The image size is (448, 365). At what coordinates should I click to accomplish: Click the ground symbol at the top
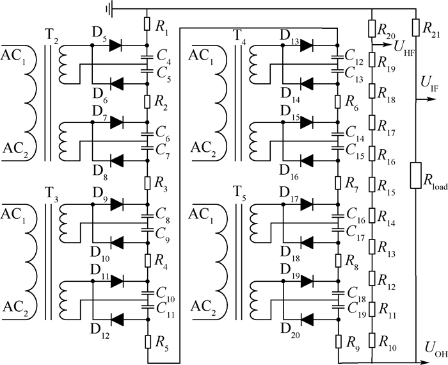pos(109,9)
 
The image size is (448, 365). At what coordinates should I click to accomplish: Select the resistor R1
pos(147,24)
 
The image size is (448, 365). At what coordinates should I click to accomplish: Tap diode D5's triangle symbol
pos(116,45)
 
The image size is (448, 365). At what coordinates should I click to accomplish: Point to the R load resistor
pos(416,175)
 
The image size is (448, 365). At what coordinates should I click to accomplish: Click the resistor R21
pos(416,27)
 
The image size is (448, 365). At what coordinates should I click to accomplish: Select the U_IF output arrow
pos(426,99)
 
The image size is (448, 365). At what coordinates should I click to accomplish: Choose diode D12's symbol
pos(116,319)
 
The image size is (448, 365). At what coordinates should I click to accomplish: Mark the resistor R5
pos(148,341)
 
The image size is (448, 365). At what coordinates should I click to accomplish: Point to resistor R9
pos(339,341)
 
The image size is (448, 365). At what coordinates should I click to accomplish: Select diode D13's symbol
pos(307,45)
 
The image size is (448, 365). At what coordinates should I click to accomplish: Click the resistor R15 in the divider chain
pos(372,184)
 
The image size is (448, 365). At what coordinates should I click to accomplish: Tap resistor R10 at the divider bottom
pos(372,340)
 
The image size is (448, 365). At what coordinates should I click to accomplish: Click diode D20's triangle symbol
pos(307,319)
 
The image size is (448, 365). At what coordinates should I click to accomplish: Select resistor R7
pos(339,183)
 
